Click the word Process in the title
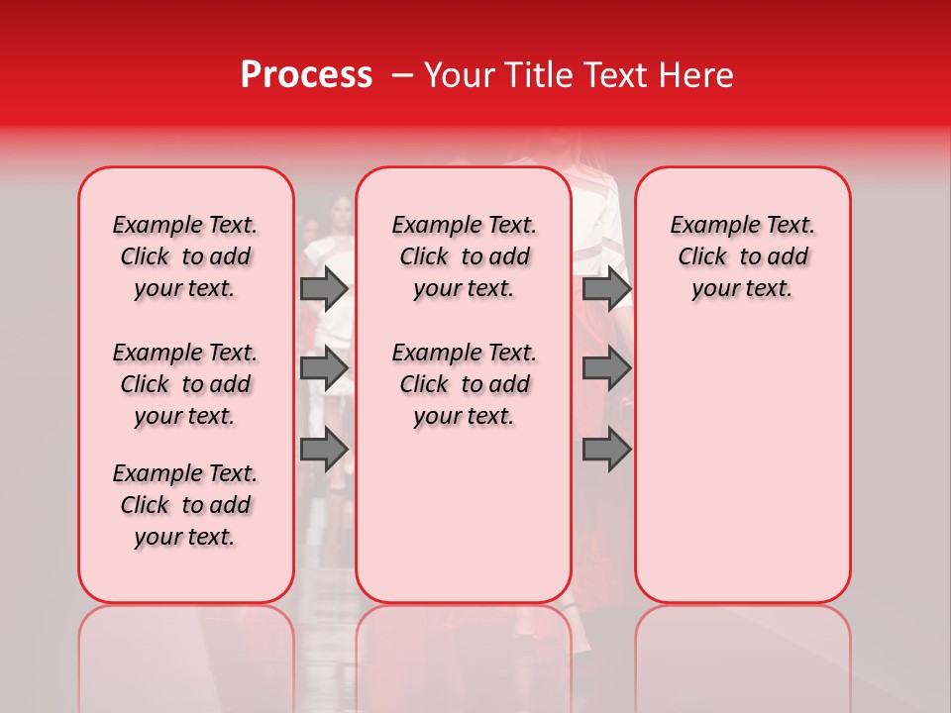click(x=306, y=75)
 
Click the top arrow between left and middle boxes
click(x=324, y=288)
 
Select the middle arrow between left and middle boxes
click(x=324, y=368)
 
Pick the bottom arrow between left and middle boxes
click(x=324, y=450)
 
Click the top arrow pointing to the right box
click(x=606, y=288)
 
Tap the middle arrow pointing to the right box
click(x=606, y=368)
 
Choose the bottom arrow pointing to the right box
click(x=606, y=450)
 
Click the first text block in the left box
click(x=185, y=256)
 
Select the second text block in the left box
click(x=185, y=384)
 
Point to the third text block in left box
click(x=185, y=505)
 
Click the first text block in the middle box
click(x=464, y=256)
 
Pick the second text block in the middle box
click(x=464, y=384)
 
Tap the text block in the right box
click(x=742, y=256)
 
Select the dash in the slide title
click(x=402, y=75)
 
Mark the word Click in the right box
click(x=702, y=257)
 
